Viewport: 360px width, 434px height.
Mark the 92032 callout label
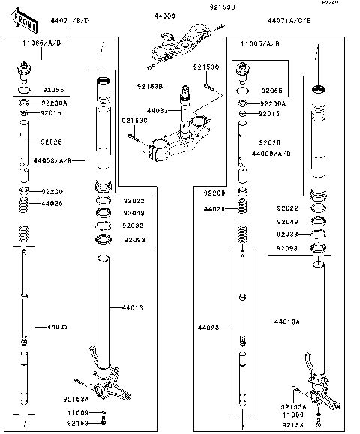click(x=133, y=225)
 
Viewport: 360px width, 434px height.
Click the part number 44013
click(x=132, y=308)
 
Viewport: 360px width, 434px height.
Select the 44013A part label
click(x=286, y=322)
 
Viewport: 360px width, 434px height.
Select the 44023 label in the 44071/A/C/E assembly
click(x=208, y=328)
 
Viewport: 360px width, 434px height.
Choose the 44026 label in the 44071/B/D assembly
click(x=52, y=203)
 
